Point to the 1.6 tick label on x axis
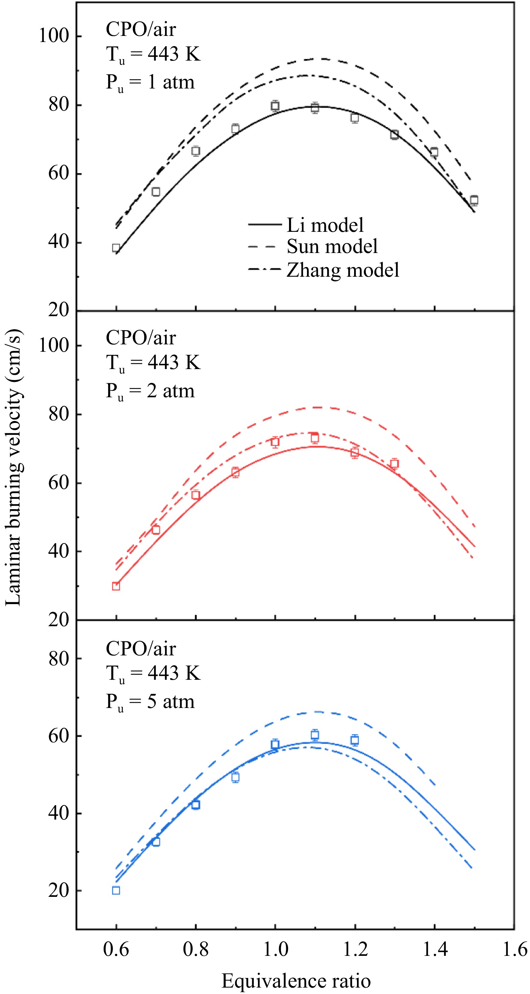pos(515,949)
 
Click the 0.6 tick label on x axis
pos(116,949)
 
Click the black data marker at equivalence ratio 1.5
pos(474,200)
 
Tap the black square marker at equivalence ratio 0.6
pos(116,248)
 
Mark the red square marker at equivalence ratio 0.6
pos(116,586)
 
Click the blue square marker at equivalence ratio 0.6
pos(116,890)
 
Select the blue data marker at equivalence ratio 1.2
pos(355,740)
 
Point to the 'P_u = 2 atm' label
pos(150,391)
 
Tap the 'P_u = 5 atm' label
pos(150,702)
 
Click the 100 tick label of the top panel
pos(54,36)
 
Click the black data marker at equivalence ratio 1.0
pos(275,106)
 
